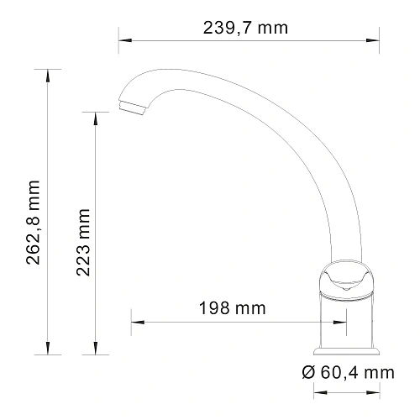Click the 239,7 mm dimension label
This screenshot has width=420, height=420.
[x=245, y=28]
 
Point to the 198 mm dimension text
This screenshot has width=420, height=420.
[x=233, y=307]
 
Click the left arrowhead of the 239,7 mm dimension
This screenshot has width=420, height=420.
[x=123, y=39]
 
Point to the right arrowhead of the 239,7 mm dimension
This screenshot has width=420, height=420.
[x=367, y=39]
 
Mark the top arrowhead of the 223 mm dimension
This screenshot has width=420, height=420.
[x=95, y=115]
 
